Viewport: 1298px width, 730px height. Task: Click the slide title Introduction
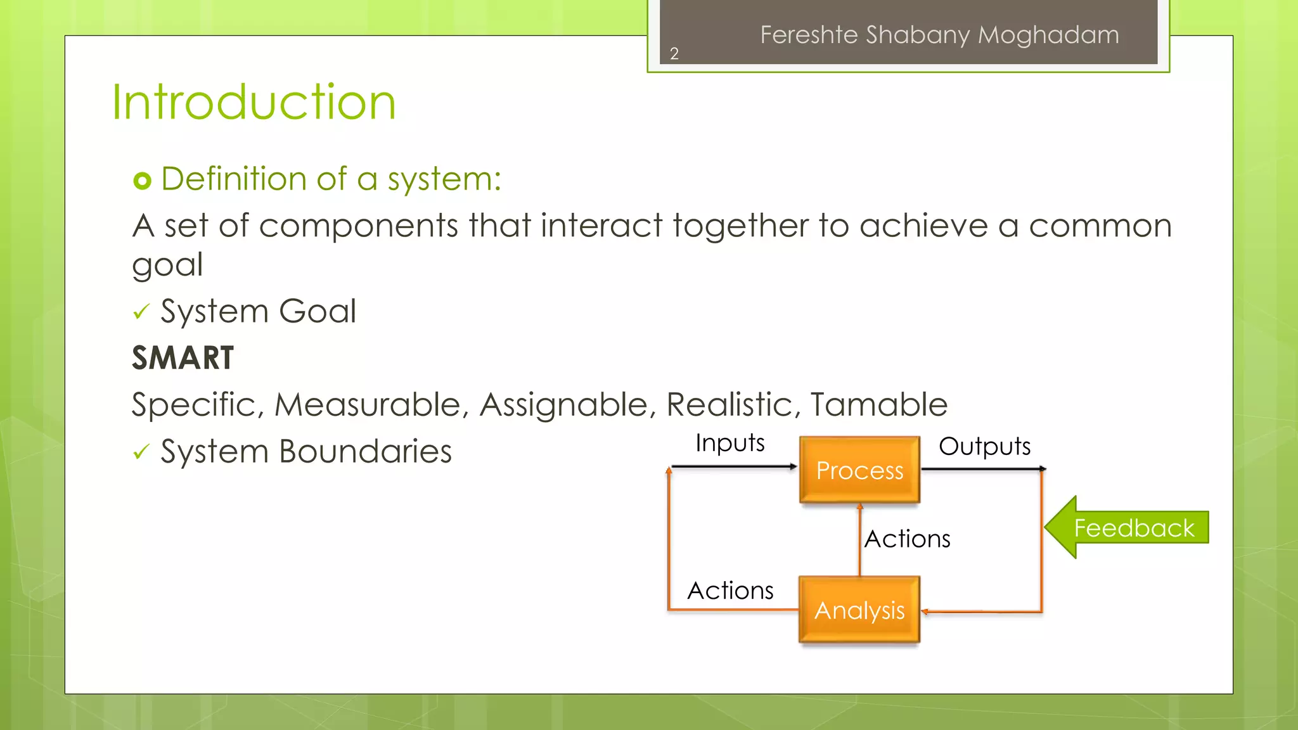click(254, 103)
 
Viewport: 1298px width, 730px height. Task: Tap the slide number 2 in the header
click(674, 54)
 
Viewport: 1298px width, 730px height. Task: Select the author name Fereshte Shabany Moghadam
click(939, 35)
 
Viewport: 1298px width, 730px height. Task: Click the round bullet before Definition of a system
click(143, 181)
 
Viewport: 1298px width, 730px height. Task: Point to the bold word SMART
click(183, 358)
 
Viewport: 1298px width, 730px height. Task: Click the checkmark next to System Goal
click(141, 312)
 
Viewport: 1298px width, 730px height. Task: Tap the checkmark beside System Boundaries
click(141, 452)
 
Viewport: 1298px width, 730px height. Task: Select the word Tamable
click(878, 404)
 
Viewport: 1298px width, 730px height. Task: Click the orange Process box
click(859, 470)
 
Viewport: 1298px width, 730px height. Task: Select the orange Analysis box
click(859, 610)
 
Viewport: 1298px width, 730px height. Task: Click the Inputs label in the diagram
click(729, 443)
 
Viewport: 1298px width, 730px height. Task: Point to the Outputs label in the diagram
click(984, 446)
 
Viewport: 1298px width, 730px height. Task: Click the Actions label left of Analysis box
click(730, 591)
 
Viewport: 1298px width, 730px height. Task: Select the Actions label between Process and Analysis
click(907, 539)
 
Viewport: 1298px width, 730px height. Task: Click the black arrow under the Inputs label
click(733, 466)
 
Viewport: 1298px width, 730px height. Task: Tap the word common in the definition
click(1100, 226)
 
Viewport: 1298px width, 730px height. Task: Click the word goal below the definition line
click(167, 264)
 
